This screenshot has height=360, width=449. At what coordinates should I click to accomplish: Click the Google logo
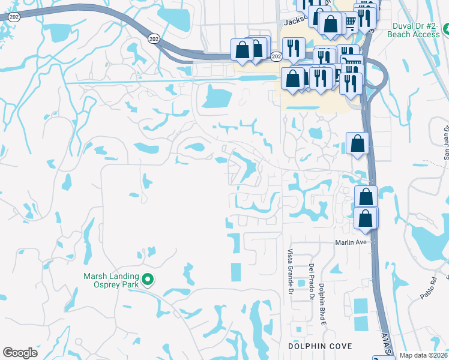tap(20, 353)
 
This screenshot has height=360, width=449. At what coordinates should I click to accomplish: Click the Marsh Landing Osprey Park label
tap(111, 280)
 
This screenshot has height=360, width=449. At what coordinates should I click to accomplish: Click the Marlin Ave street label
tap(351, 242)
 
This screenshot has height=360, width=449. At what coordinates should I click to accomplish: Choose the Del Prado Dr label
tap(312, 281)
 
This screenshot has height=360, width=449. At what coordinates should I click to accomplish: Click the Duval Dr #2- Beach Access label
tap(419, 31)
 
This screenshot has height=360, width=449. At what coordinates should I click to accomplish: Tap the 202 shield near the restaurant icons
tap(276, 56)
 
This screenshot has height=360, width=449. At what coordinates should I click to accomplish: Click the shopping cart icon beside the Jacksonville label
tap(350, 23)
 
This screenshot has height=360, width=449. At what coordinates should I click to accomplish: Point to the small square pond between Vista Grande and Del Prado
tap(300, 283)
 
